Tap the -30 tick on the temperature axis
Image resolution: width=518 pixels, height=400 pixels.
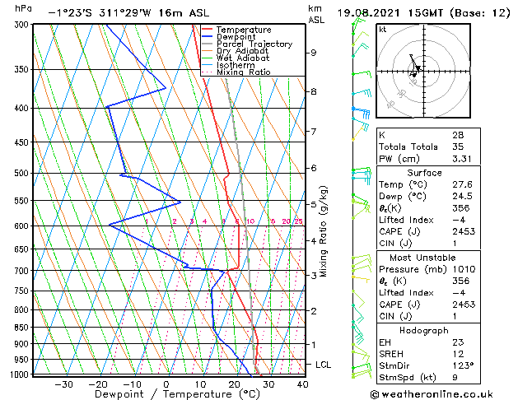(x=63, y=384)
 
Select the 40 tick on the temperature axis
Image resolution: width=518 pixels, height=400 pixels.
(x=302, y=384)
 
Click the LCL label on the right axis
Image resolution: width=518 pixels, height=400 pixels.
(x=324, y=364)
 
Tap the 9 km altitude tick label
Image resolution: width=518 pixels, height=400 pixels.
(x=314, y=53)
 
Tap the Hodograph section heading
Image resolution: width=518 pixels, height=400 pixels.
(x=442, y=330)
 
